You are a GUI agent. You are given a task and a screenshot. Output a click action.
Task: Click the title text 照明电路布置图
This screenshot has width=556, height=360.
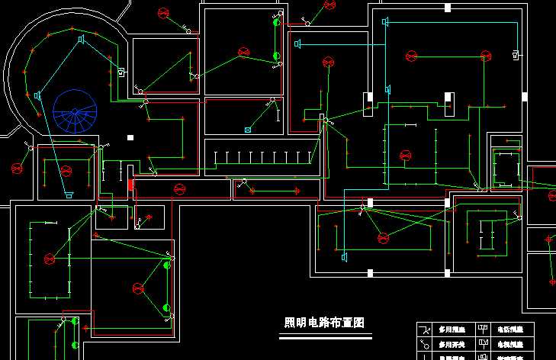point(323,323)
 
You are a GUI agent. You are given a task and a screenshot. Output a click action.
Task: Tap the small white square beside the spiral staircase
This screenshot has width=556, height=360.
point(130,138)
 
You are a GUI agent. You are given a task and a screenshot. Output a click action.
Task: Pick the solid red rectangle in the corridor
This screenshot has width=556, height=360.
point(130,185)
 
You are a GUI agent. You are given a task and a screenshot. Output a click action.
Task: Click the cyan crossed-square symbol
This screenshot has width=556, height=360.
point(248,130)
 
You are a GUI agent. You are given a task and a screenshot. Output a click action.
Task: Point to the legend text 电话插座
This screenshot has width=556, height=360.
point(510,330)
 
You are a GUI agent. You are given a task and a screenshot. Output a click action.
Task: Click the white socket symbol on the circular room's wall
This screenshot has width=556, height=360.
point(121,72)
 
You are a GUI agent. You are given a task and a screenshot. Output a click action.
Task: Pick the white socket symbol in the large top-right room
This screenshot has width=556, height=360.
point(516,53)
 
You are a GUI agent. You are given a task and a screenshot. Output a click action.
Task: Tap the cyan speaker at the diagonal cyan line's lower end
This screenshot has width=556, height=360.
point(69,196)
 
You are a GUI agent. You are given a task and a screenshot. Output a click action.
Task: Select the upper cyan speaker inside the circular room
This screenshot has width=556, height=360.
point(81,39)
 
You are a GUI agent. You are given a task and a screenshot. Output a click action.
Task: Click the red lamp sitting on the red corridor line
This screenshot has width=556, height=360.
point(180,188)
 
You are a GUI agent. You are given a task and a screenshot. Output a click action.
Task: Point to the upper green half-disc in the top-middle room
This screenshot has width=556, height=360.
point(277,22)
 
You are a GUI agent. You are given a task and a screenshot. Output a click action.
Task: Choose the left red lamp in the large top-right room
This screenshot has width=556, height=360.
point(412,56)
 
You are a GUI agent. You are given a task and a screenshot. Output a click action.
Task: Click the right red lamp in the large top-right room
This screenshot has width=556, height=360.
point(486,53)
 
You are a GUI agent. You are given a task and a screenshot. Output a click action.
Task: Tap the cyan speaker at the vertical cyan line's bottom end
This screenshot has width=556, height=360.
point(345,257)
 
